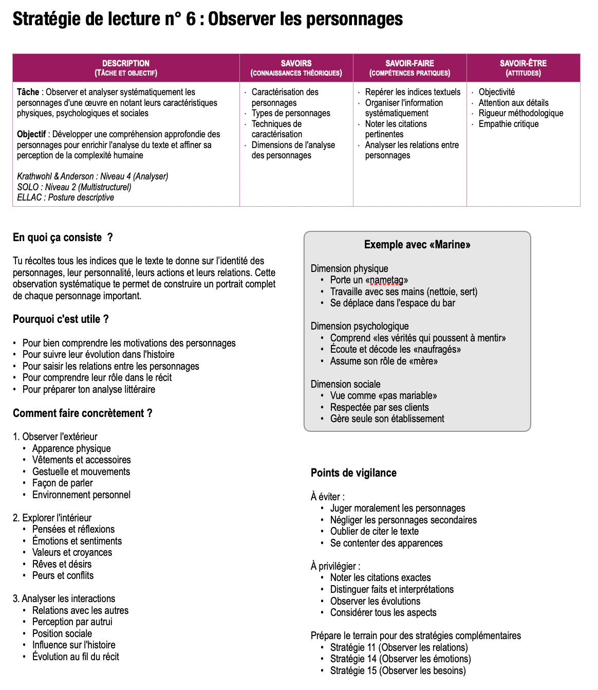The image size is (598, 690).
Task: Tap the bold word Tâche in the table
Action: click(x=28, y=92)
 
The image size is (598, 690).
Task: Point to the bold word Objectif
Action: click(x=31, y=134)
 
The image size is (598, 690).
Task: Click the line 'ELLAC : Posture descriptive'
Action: click(x=65, y=197)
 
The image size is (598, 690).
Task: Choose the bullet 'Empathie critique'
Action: click(x=509, y=124)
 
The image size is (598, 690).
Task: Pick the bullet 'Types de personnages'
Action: click(x=291, y=113)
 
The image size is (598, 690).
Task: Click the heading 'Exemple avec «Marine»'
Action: click(x=417, y=245)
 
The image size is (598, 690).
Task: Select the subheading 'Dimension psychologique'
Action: click(x=360, y=326)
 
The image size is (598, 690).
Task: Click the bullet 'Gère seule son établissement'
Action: click(x=387, y=419)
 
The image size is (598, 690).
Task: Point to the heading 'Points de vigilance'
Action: click(x=353, y=473)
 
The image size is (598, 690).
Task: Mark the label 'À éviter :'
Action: click(x=327, y=497)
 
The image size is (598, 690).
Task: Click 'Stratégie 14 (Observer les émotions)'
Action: click(x=400, y=659)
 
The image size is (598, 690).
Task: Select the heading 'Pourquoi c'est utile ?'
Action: click(x=61, y=319)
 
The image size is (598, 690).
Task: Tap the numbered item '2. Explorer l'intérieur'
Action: click(x=52, y=518)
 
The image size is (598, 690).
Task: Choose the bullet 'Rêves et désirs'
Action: click(x=62, y=564)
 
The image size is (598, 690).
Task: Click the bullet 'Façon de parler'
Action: click(x=62, y=483)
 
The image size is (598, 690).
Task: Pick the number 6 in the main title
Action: click(x=191, y=19)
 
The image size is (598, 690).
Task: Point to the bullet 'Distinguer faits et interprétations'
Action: click(x=391, y=589)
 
